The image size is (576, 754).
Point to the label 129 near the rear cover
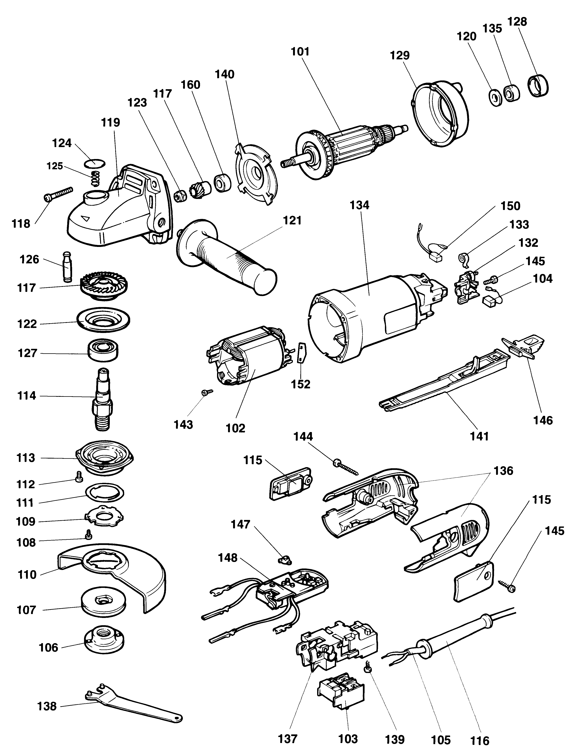[400, 55]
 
